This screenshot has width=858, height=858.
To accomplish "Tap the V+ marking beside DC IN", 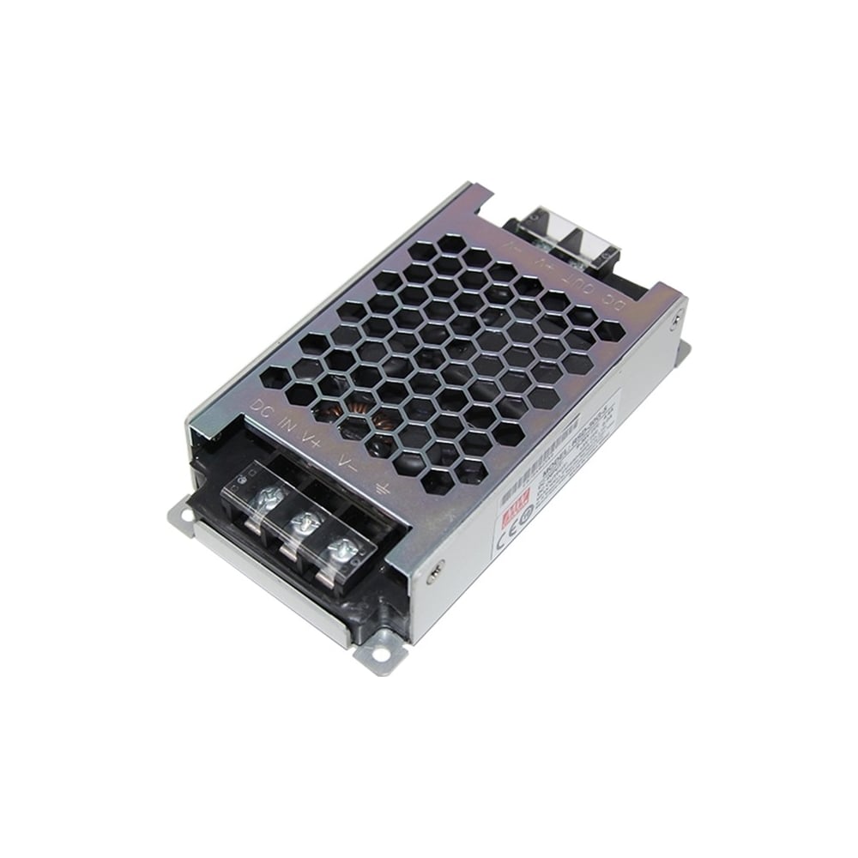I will [311, 438].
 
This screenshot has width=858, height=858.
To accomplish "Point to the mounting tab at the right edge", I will [685, 352].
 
